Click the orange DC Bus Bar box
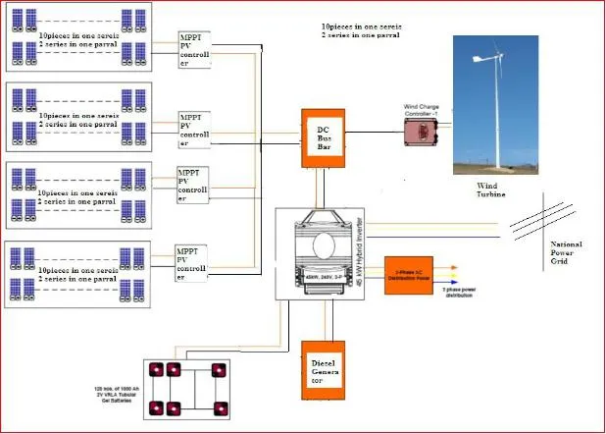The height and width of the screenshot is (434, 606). click(324, 139)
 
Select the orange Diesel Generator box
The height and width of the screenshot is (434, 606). click(324, 371)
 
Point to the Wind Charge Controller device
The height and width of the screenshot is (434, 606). click(422, 133)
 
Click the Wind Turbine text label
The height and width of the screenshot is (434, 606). click(494, 190)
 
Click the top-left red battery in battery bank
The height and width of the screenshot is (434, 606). click(155, 370)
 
